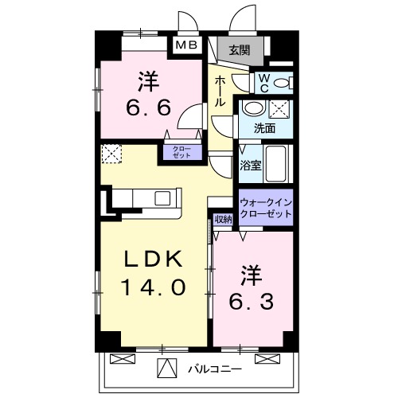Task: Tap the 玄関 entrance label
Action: tap(240, 50)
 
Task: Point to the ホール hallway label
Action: tap(220, 93)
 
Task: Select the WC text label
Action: tap(264, 83)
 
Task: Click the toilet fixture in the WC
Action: tap(285, 83)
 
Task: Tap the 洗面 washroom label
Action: tap(265, 127)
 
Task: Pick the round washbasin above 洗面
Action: tap(253, 110)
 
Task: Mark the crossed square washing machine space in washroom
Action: tap(281, 110)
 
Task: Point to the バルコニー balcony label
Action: tap(215, 369)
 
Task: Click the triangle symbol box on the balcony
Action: tap(167, 368)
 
